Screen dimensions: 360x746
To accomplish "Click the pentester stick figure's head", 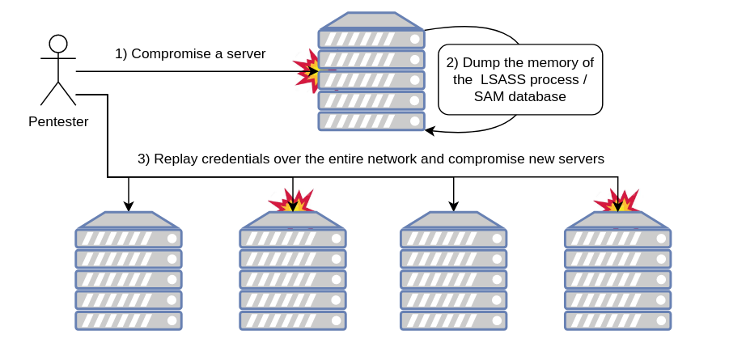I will pyautogui.click(x=58, y=44).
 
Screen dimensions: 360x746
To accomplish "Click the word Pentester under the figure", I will pyautogui.click(x=58, y=122).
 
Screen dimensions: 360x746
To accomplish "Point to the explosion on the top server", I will pyautogui.click(x=308, y=71).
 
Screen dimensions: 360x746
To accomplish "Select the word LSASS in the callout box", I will pyautogui.click(x=507, y=80).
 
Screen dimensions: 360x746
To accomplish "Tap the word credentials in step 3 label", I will pyautogui.click(x=235, y=159).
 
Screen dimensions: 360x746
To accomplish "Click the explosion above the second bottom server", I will pyautogui.click(x=291, y=202).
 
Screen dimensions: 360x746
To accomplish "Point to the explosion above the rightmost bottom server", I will pyautogui.click(x=617, y=201).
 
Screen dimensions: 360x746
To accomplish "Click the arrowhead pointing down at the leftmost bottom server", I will pyautogui.click(x=129, y=206).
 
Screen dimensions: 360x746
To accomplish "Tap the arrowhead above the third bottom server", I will pyautogui.click(x=454, y=206).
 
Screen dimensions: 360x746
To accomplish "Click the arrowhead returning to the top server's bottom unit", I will pyautogui.click(x=430, y=129).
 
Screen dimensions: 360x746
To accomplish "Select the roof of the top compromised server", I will pyautogui.click(x=371, y=21).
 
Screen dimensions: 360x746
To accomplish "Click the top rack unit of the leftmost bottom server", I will pyautogui.click(x=129, y=239).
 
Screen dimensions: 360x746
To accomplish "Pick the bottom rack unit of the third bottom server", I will pyautogui.click(x=454, y=320).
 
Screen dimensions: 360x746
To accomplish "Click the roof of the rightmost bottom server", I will pyautogui.click(x=617, y=220).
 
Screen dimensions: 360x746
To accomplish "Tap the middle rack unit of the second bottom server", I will pyautogui.click(x=293, y=279).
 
